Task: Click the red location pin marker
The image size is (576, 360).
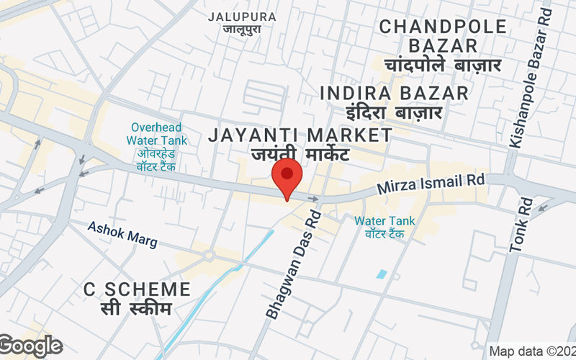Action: (x=287, y=177)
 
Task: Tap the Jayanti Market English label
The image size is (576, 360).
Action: (x=300, y=135)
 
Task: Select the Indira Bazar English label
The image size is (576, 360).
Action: (x=394, y=93)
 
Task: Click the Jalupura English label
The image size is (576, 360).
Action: (x=241, y=17)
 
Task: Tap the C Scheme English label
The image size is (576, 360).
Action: (x=137, y=289)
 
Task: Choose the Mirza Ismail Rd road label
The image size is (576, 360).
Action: (x=432, y=185)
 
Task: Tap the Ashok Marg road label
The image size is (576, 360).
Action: (x=122, y=234)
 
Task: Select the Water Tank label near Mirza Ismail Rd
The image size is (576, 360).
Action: (x=384, y=221)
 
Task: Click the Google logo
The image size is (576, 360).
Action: (x=30, y=346)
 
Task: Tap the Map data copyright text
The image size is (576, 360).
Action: (x=532, y=351)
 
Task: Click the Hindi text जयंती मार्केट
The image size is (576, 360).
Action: (x=300, y=155)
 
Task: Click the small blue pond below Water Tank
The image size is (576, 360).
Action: (x=381, y=274)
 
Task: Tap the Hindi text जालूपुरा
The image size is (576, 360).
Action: (x=241, y=30)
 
